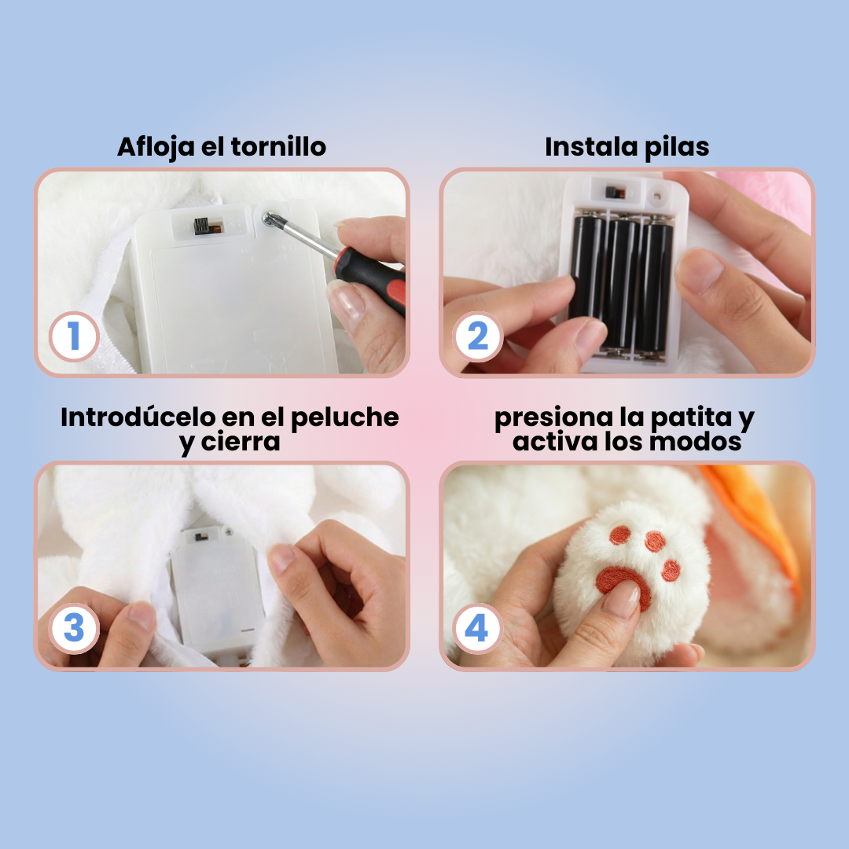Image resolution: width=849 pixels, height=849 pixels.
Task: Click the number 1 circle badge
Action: tap(74, 337)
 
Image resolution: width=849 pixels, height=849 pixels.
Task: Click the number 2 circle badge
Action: tap(478, 337)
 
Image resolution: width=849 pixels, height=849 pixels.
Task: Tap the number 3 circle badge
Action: tap(74, 630)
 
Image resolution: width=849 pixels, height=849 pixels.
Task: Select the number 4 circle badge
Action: tap(478, 630)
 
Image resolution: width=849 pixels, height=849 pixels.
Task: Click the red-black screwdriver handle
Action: tap(369, 275)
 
